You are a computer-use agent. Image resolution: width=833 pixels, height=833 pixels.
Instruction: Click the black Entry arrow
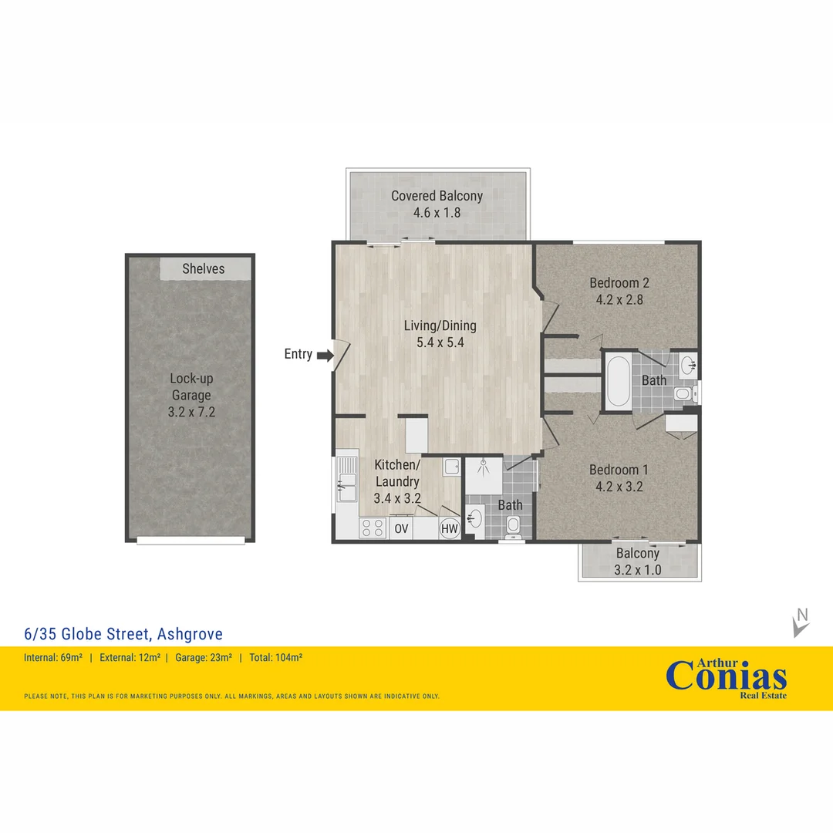pos(324,355)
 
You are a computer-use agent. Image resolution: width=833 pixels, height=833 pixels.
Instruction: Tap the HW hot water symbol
pos(448,528)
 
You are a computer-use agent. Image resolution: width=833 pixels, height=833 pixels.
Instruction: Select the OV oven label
pos(401,528)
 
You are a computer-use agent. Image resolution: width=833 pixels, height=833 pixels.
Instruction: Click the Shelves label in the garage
pos(204,268)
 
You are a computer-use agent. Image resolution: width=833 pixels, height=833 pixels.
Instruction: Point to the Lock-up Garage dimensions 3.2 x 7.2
pos(191,412)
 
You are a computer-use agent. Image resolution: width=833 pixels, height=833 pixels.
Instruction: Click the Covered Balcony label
pos(437,196)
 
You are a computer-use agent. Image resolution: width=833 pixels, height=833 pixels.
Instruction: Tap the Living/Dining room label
pos(440,325)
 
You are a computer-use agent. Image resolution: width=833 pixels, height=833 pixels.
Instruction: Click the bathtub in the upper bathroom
pos(617,381)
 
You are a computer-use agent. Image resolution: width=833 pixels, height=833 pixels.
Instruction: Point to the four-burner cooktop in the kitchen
pos(373,528)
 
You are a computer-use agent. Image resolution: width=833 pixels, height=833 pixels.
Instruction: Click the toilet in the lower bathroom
pos(513,527)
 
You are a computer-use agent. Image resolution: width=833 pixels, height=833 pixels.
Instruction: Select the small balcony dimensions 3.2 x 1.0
pos(638,570)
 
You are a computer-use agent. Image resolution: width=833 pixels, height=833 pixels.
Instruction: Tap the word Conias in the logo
pos(726,676)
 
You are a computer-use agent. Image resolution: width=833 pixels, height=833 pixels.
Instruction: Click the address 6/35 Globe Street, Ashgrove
pos(123,634)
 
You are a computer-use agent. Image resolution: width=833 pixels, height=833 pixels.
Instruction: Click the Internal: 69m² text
pos(53,658)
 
